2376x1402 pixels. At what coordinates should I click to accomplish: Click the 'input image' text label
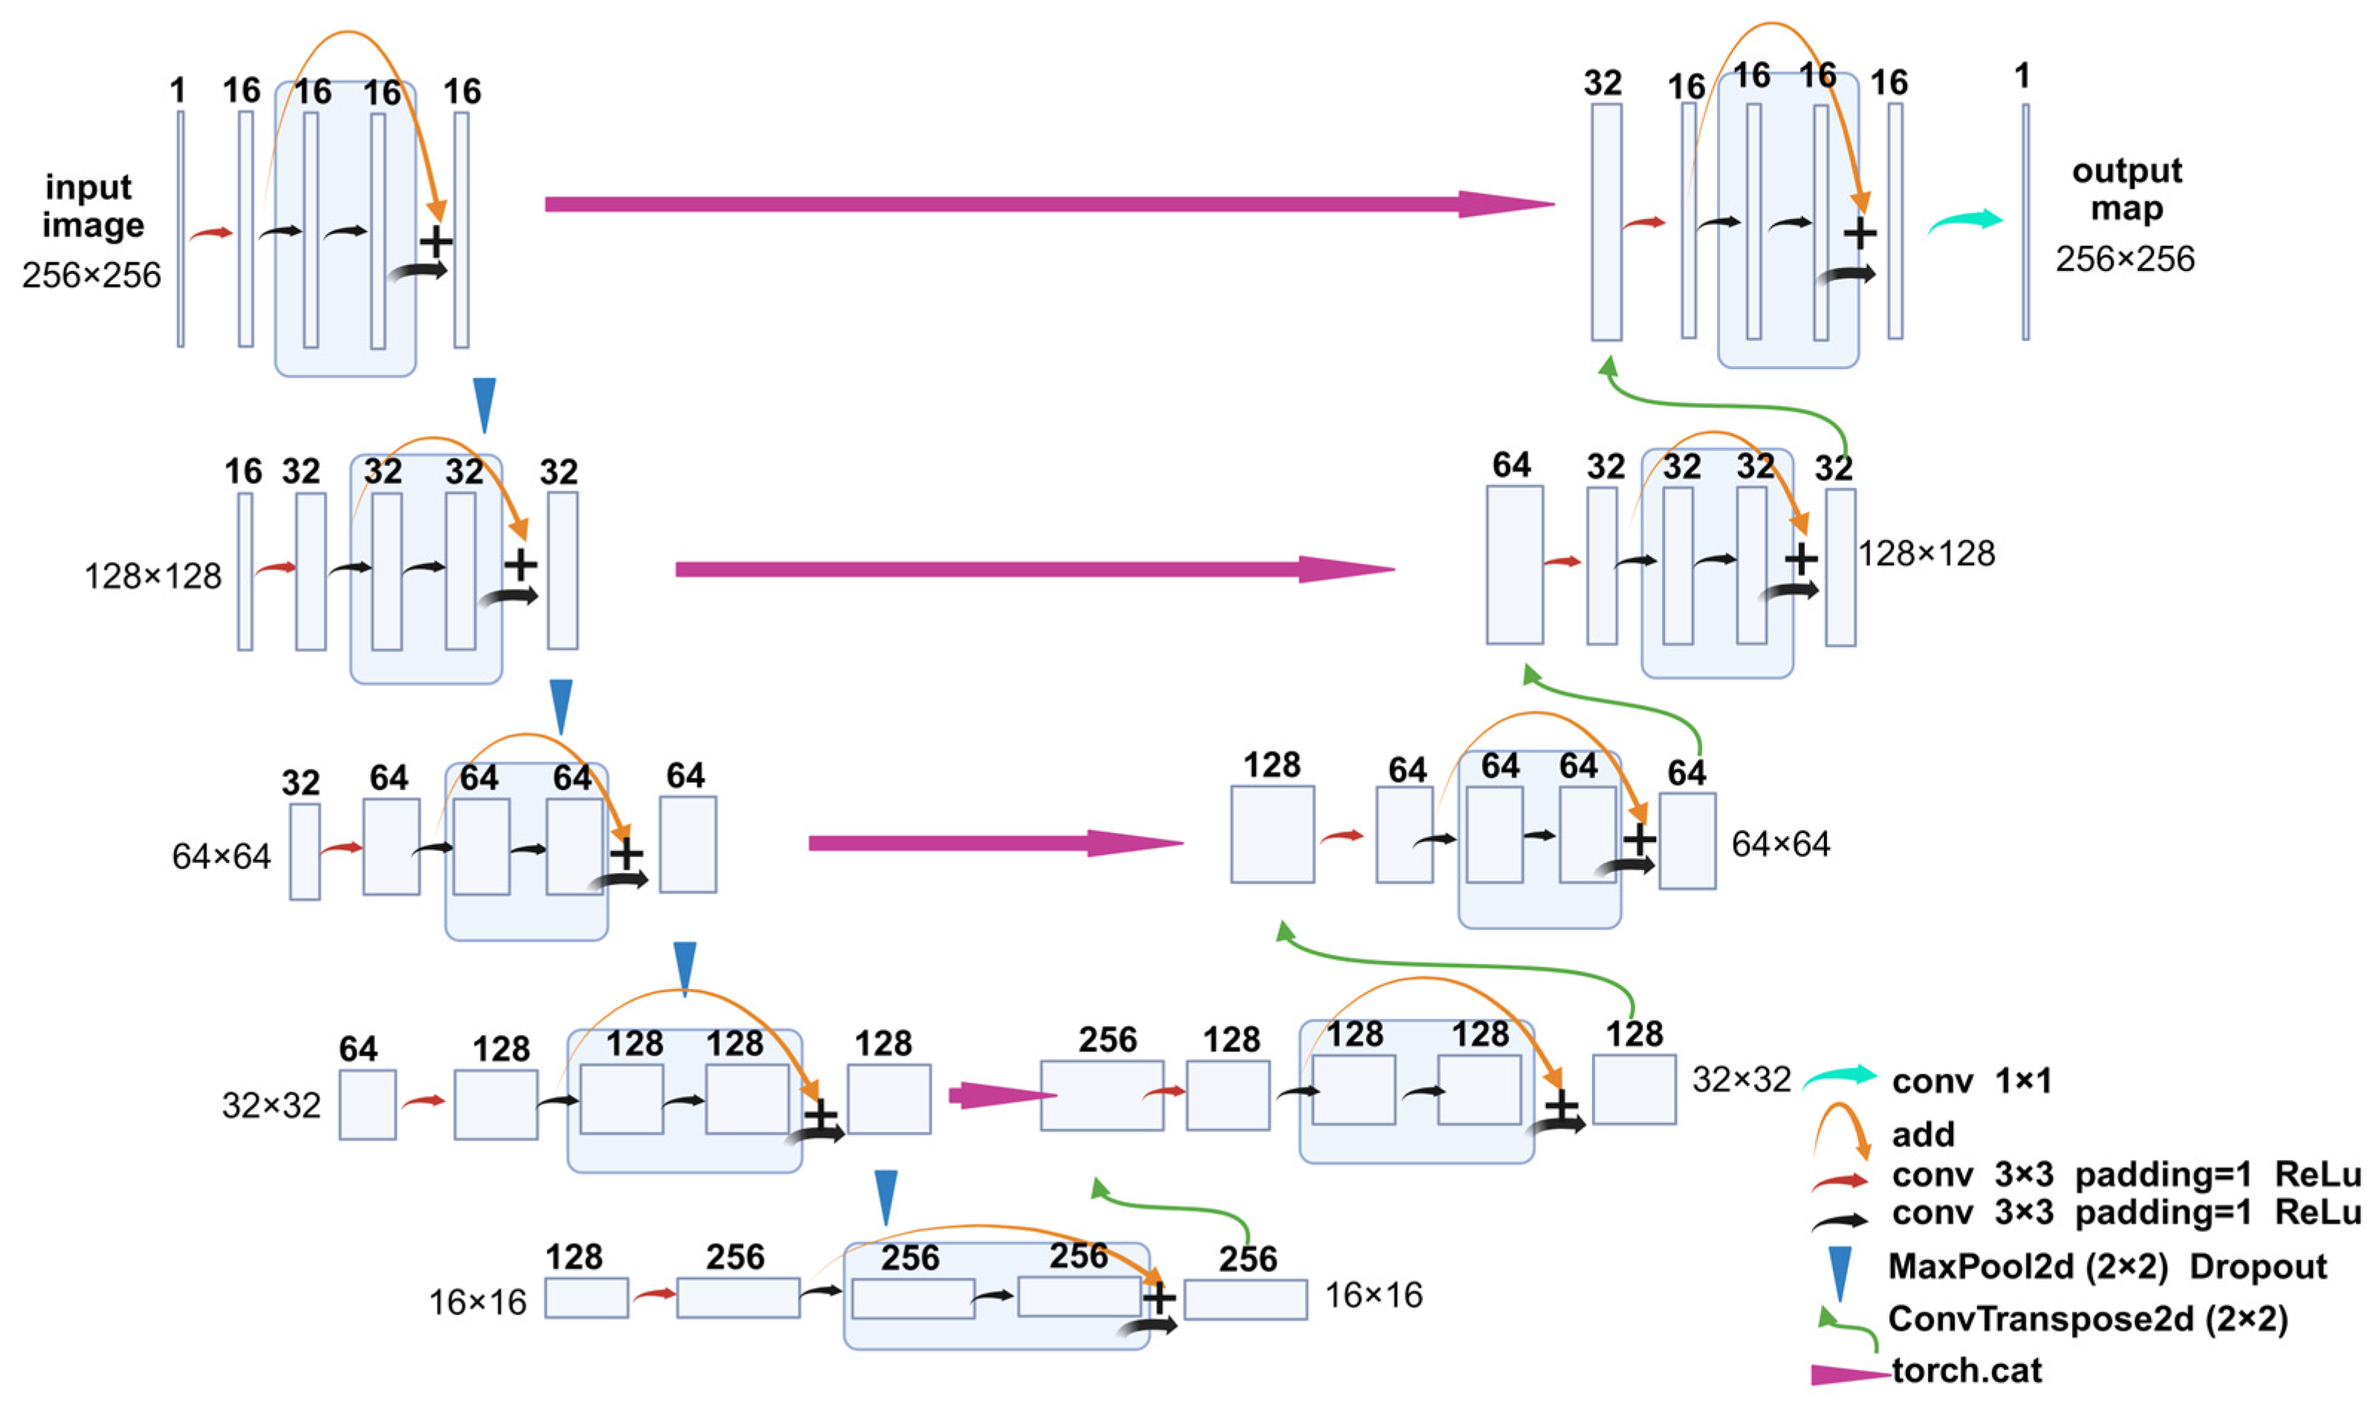[91, 206]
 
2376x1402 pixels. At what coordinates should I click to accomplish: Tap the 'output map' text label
[2126, 189]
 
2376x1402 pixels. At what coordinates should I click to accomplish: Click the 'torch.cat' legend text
[1966, 1370]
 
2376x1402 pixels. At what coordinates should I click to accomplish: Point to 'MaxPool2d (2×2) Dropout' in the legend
[2106, 1266]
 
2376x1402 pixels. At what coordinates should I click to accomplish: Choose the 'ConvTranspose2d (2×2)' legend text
[2088, 1318]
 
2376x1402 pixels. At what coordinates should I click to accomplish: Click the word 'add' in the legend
[1922, 1134]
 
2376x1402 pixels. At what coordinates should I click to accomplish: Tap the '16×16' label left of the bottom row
[477, 1302]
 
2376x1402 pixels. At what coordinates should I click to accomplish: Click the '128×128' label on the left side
[152, 576]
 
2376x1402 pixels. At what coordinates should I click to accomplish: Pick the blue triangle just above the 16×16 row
[886, 1197]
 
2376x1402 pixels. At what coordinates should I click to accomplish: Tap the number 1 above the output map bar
[2022, 76]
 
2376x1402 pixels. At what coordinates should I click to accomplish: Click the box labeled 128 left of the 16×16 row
[586, 1297]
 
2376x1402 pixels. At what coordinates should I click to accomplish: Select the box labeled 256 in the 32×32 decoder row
[1101, 1095]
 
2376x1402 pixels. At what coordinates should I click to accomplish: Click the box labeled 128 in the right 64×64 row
[1271, 834]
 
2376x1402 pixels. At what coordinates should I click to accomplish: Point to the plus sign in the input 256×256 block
[435, 242]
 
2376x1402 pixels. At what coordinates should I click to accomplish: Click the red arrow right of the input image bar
[211, 233]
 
